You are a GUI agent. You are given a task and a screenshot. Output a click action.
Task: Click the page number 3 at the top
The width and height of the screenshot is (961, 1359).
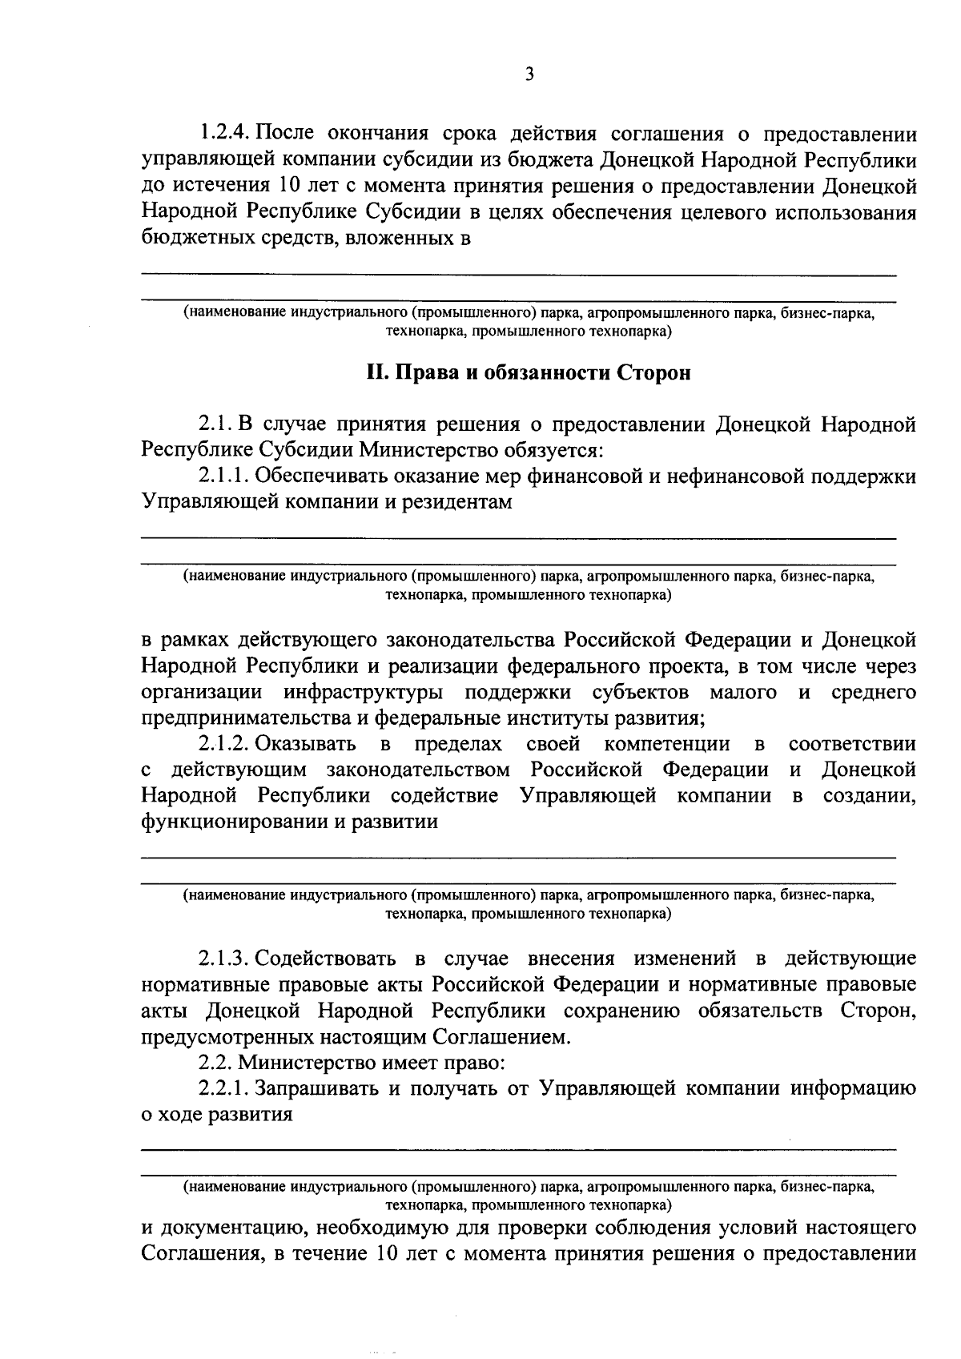coord(528,74)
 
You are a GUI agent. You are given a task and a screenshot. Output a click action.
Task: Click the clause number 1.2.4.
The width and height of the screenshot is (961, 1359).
coord(226,133)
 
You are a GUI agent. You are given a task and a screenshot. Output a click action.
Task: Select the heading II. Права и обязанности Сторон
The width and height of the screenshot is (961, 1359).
coord(528,374)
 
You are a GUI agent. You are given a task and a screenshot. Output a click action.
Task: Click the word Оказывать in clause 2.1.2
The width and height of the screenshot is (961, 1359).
coord(306,744)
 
